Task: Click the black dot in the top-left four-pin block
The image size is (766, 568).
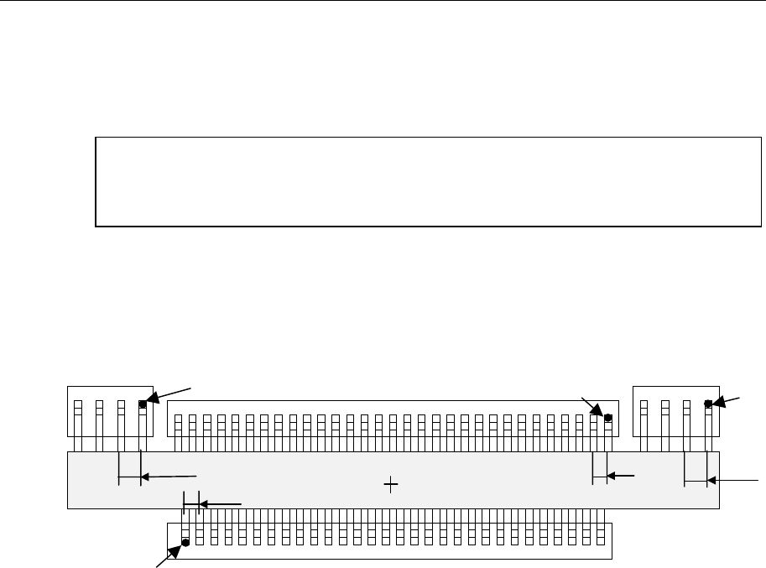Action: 143,404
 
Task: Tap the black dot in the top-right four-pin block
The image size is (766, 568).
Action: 708,404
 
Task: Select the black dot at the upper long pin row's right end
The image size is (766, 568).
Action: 608,418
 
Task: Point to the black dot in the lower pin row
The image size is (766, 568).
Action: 185,543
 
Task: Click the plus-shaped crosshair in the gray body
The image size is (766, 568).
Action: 390,483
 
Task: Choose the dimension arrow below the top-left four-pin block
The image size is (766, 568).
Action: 168,477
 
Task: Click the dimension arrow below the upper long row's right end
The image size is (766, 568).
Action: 621,476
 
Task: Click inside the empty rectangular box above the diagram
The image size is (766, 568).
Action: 428,181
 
